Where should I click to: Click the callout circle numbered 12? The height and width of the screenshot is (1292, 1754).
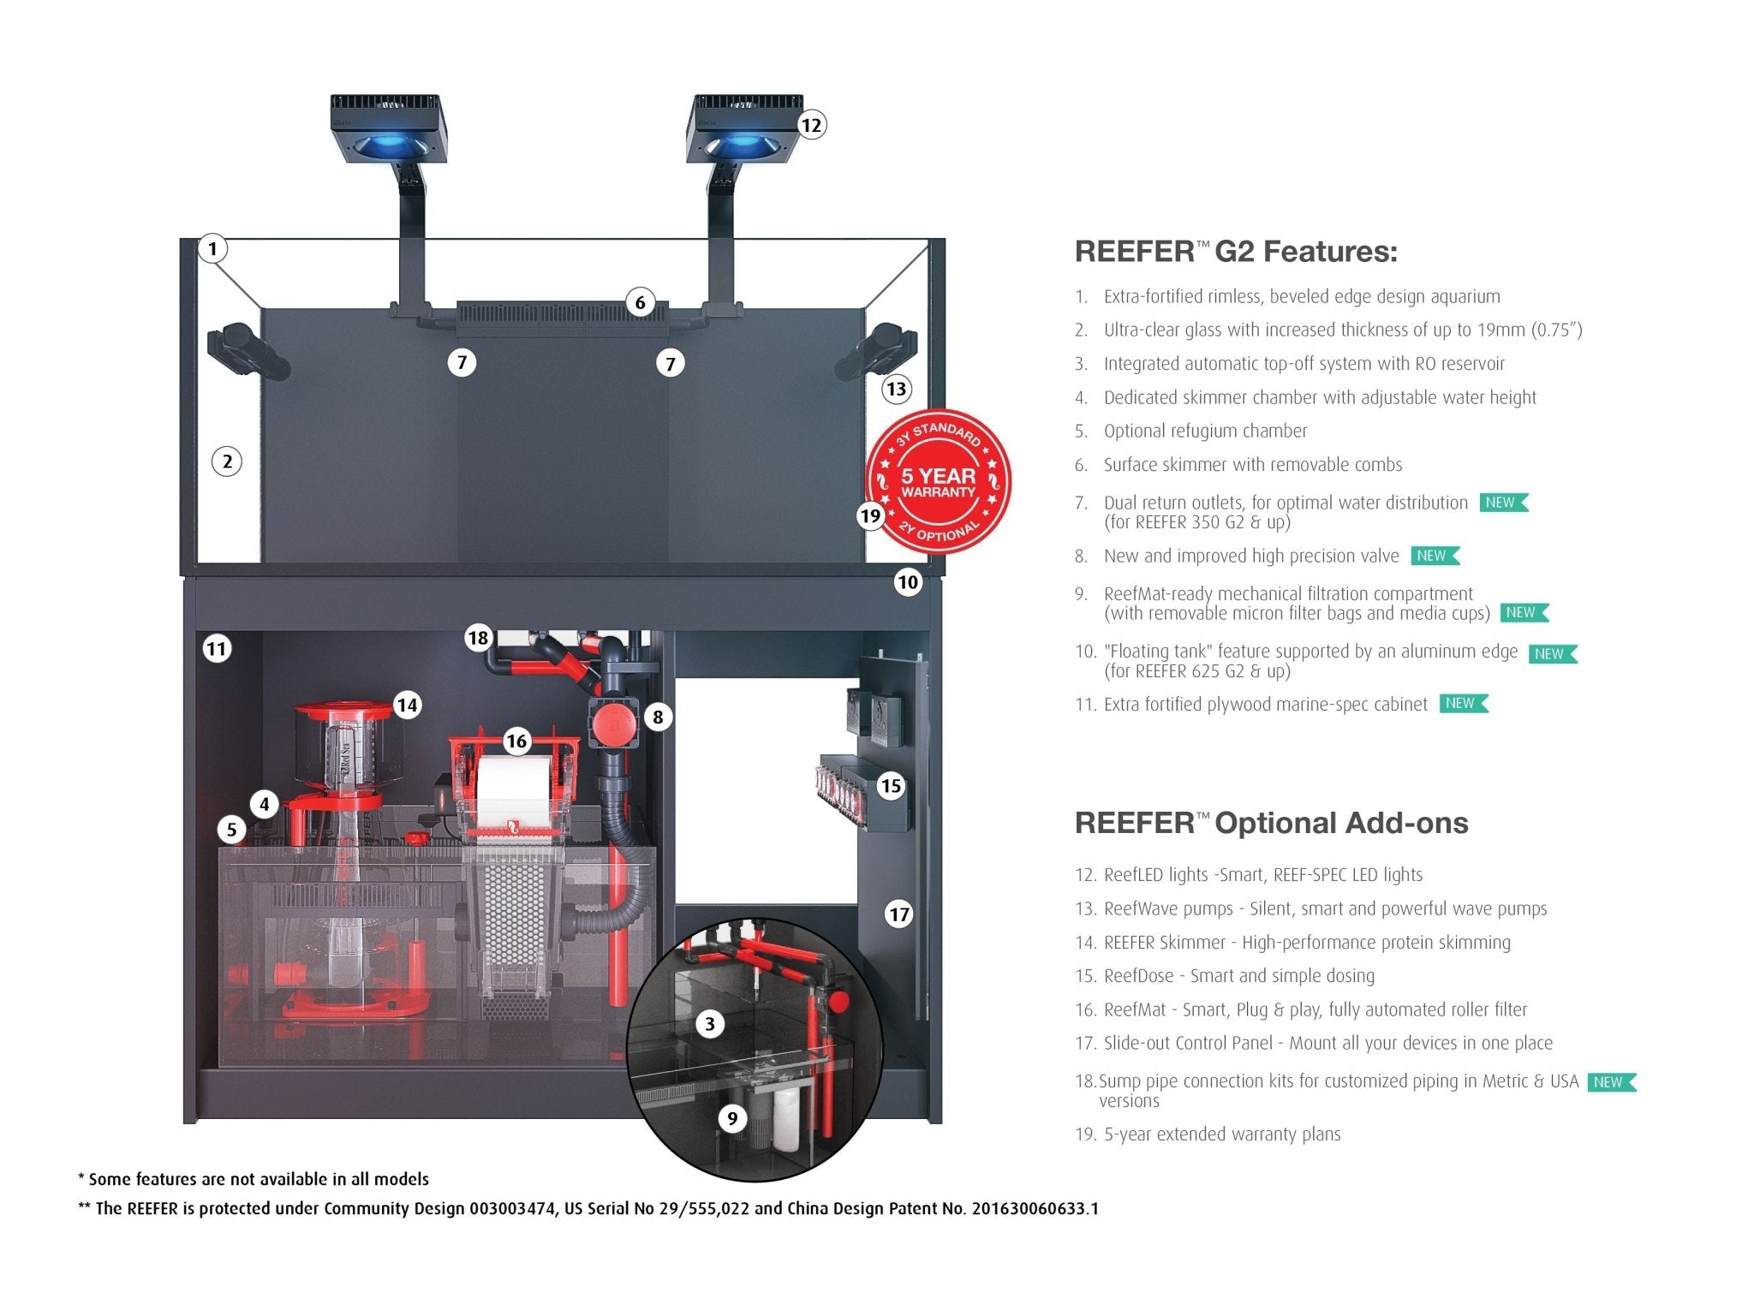[810, 126]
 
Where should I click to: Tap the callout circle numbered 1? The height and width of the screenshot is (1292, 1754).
[212, 249]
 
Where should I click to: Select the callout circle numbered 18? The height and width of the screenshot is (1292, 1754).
[478, 638]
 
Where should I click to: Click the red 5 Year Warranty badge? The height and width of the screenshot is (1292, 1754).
[939, 482]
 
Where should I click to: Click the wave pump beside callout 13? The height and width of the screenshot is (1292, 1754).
[875, 352]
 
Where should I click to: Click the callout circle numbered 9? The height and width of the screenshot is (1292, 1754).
[732, 1117]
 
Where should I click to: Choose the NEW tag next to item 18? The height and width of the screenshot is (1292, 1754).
[1610, 1082]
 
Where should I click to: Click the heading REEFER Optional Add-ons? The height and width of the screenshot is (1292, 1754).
[1271, 823]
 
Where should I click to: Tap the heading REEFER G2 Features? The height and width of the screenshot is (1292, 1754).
[1235, 252]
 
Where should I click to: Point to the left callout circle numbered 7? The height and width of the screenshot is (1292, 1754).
[462, 363]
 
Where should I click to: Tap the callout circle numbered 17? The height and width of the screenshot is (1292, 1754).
[898, 914]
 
